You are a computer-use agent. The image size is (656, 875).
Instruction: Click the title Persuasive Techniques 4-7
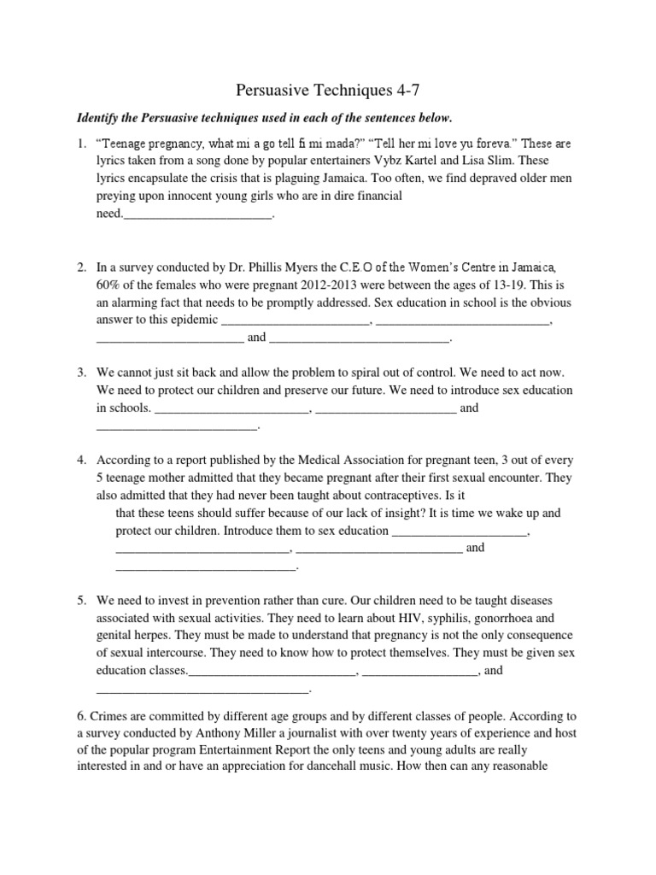pyautogui.click(x=327, y=88)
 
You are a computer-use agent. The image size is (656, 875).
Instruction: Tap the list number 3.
pyautogui.click(x=81, y=373)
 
